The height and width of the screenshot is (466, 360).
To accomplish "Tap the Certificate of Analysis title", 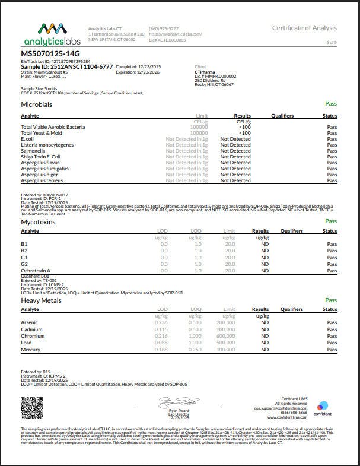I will coord(304,28).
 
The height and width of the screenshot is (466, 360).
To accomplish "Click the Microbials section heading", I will coord(37,104).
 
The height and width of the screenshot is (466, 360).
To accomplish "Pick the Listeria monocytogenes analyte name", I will coord(47,144).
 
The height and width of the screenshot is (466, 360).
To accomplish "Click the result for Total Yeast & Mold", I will coord(244,132).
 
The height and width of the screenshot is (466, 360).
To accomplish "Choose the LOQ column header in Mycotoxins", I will coord(195,231).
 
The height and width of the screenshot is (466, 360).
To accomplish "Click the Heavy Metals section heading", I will coord(40,300).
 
